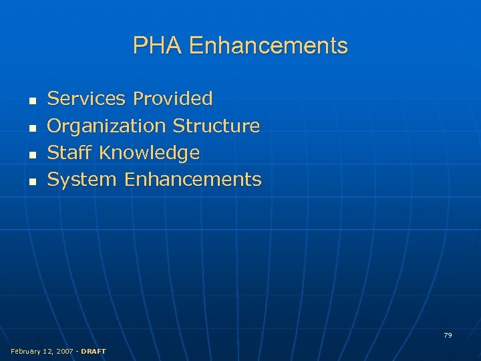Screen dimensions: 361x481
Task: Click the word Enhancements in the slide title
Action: click(x=269, y=45)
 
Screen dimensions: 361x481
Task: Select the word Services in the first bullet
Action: click(x=86, y=99)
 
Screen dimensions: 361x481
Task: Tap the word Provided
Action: click(x=172, y=99)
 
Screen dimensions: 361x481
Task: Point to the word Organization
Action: click(x=106, y=126)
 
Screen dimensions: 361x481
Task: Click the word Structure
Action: click(x=216, y=126)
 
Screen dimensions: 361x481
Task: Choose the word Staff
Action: click(x=69, y=152)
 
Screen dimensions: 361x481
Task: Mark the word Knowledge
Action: click(x=149, y=153)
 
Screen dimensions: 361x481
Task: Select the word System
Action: click(x=82, y=180)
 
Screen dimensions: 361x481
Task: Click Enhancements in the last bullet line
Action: click(x=192, y=179)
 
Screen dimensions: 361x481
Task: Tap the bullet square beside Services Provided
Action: click(x=31, y=100)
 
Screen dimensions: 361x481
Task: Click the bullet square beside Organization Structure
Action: click(x=31, y=127)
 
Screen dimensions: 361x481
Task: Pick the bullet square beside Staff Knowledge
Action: click(x=31, y=154)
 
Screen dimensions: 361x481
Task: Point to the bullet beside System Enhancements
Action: click(x=31, y=180)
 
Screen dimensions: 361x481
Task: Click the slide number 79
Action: click(x=448, y=335)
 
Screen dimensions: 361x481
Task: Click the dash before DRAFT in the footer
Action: click(x=77, y=351)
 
